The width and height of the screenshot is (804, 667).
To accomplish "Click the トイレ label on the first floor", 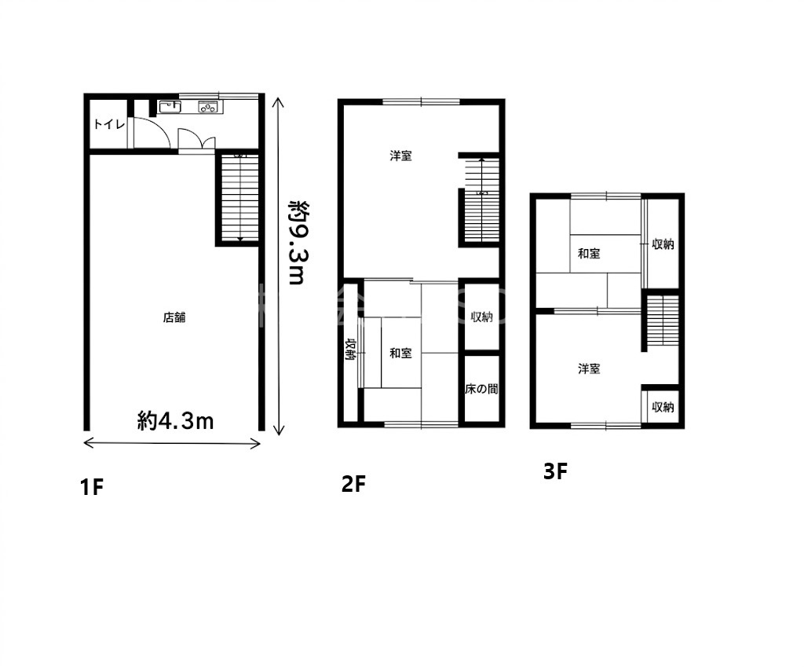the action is click(x=109, y=124).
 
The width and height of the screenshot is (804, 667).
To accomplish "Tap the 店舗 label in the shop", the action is click(x=174, y=317).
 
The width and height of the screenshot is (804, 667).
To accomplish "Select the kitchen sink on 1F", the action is click(x=170, y=107).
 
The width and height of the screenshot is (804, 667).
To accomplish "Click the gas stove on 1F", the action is click(x=208, y=107).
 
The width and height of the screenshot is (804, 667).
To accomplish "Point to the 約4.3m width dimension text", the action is click(x=175, y=421).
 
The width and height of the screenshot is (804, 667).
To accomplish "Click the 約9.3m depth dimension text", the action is click(x=297, y=242).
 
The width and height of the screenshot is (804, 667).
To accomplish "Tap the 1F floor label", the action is click(x=92, y=486).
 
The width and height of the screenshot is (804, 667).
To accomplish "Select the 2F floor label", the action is click(x=353, y=484).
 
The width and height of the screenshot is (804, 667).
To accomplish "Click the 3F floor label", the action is click(x=555, y=471).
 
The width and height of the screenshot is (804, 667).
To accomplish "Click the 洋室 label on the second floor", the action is click(x=400, y=156).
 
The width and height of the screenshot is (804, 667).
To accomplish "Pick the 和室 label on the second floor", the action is click(x=400, y=353).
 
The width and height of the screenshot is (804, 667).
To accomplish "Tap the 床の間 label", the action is click(x=481, y=389).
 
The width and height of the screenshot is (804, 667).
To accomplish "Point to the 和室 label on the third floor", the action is click(x=589, y=254).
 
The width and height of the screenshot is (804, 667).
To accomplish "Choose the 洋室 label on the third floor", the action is click(x=589, y=368).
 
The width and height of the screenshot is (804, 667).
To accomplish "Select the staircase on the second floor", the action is click(x=482, y=200).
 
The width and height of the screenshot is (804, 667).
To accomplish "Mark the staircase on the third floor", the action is click(x=663, y=321).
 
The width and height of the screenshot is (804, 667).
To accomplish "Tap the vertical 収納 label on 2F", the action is click(x=351, y=350).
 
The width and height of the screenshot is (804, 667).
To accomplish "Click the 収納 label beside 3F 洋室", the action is click(x=663, y=407).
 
